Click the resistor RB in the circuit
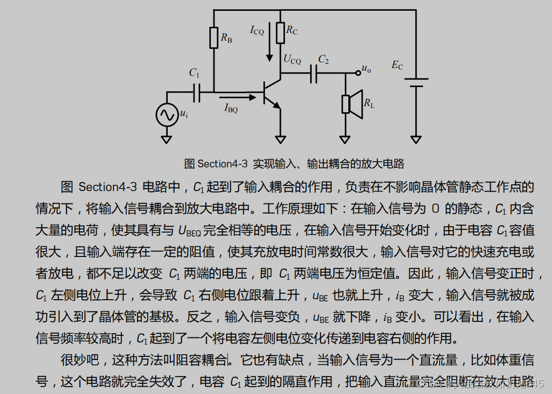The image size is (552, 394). [x=214, y=38]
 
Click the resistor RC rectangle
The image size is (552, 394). [x=280, y=32]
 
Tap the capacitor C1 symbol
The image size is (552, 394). [x=197, y=93]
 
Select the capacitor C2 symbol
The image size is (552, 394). [x=314, y=74]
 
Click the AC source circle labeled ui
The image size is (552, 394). [x=167, y=115]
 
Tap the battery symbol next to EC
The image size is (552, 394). [x=416, y=83]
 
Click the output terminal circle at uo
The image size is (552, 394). [x=358, y=73]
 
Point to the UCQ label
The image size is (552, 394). [x=292, y=59]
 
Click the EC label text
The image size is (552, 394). [x=397, y=65]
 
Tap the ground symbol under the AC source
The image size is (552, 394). [x=166, y=139]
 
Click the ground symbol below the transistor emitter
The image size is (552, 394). [x=280, y=139]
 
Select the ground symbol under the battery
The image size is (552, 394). [x=416, y=139]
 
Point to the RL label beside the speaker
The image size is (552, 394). [x=369, y=104]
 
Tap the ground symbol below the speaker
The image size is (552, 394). [x=345, y=139]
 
